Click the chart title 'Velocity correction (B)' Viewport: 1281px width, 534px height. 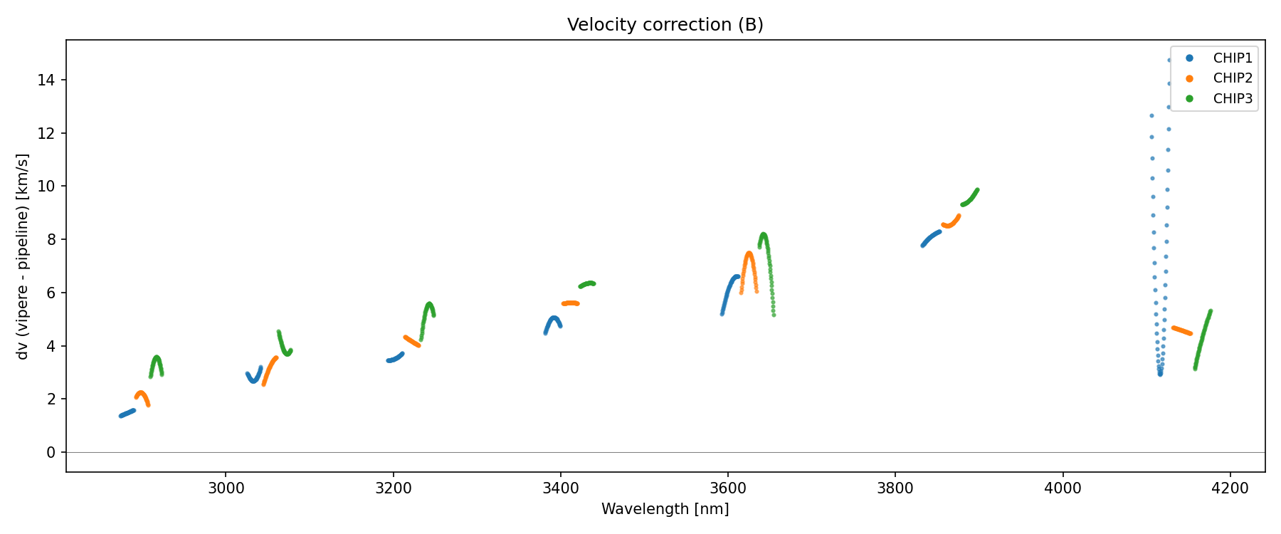pos(665,25)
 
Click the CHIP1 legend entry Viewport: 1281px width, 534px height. pos(1232,58)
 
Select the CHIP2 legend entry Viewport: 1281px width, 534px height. pos(1232,78)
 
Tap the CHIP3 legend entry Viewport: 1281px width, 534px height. pos(1232,99)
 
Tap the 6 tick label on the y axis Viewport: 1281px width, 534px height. pos(51,293)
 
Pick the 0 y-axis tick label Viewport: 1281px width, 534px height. pos(51,453)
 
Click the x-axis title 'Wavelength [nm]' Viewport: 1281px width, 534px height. pos(665,509)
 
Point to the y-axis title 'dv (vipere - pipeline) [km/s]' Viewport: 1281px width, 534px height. pos(23,256)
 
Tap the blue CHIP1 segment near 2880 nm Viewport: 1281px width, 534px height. pos(127,413)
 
